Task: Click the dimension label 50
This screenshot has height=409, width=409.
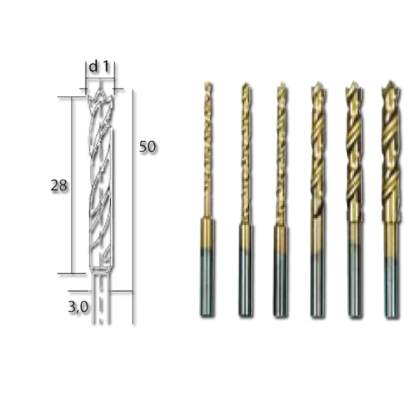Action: [x=147, y=147]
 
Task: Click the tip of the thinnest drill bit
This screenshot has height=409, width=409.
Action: [x=207, y=85]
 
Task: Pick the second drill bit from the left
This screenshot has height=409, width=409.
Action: [x=245, y=189]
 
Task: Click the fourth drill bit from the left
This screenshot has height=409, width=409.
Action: [x=318, y=189]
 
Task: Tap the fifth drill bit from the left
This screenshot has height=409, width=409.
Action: [x=354, y=189]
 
